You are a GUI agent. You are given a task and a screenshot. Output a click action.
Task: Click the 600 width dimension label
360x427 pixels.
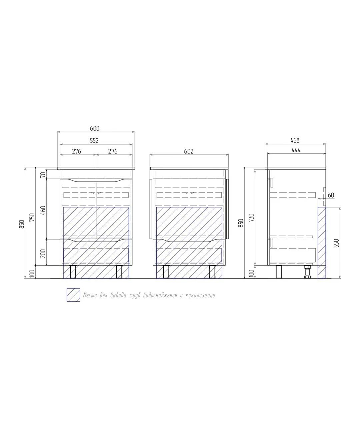point(95,128)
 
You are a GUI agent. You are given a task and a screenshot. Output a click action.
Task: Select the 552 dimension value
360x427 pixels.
point(94,140)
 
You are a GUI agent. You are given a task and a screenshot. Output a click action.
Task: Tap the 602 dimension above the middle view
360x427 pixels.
point(189,151)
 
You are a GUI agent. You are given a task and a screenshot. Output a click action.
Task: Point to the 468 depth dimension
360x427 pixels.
point(295,140)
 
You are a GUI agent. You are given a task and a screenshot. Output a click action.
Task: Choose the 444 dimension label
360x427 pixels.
point(296,150)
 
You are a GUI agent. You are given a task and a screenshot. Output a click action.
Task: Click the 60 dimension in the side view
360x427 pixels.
point(331,195)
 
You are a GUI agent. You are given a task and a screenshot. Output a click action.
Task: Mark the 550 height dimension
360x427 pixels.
point(336,243)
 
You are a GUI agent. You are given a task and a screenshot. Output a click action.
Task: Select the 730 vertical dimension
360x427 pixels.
point(251,218)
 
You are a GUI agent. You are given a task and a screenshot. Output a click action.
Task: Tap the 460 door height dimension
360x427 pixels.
point(43,210)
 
